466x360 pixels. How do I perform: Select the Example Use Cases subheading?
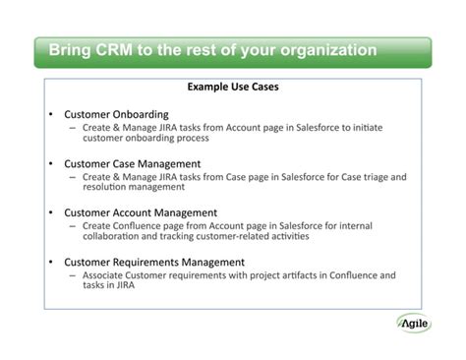point(233,88)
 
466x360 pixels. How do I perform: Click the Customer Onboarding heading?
point(116,114)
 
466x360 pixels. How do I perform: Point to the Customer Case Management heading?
point(133,163)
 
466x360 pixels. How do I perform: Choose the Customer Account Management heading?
point(141,211)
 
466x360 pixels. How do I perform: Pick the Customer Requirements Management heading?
point(154,262)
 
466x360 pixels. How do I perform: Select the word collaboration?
point(114,237)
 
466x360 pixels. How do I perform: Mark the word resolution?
point(108,187)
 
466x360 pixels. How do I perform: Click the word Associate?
point(106,275)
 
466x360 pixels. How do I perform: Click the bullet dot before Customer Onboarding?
point(49,114)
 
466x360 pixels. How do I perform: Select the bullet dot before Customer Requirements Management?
point(49,262)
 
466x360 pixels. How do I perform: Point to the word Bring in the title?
point(69,49)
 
